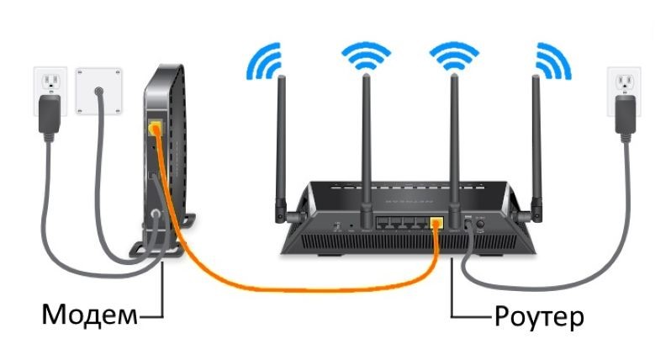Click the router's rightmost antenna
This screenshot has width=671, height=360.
click(537, 151)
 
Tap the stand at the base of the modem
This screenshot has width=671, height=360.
click(151, 250)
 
